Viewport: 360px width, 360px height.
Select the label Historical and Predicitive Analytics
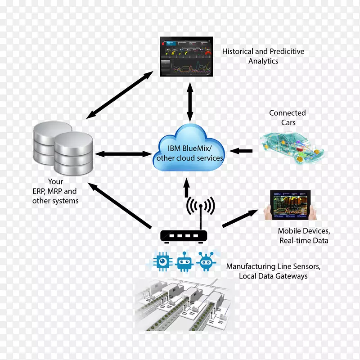tap(263, 56)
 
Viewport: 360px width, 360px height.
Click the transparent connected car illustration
tap(291, 144)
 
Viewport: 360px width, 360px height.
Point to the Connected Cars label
tap(287, 117)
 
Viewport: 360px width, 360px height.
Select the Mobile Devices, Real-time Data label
tap(304, 236)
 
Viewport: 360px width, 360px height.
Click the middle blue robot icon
tap(184, 261)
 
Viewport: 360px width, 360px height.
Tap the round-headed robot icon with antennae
tap(206, 261)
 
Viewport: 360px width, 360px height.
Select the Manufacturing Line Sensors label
tap(273, 271)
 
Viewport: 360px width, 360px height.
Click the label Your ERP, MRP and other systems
tap(55, 191)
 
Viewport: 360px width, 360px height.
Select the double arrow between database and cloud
tap(122, 154)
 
